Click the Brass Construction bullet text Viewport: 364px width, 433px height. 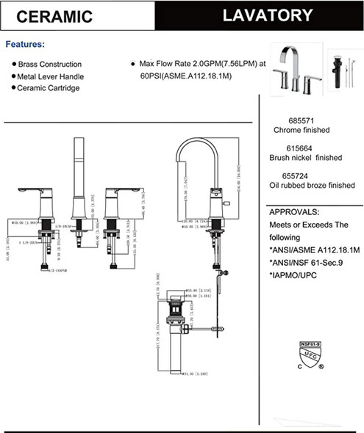tap(50, 65)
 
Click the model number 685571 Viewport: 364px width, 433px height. tap(297, 120)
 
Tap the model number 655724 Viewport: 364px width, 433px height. tap(297, 175)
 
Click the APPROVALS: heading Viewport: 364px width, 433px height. tap(294, 212)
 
